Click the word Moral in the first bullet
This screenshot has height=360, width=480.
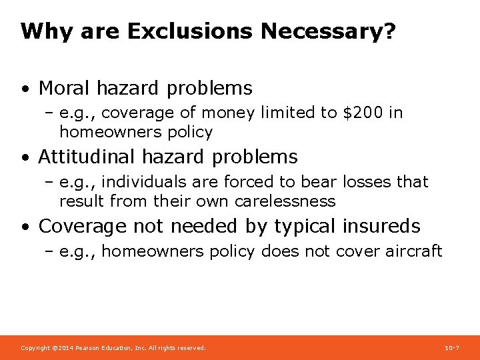(x=65, y=88)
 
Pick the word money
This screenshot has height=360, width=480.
(x=228, y=113)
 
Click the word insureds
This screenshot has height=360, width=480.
(x=381, y=227)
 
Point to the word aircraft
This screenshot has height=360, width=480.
(x=415, y=251)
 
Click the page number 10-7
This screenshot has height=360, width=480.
(x=451, y=348)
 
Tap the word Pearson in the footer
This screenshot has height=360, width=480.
(x=88, y=348)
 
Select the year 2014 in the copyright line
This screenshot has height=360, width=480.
(x=63, y=348)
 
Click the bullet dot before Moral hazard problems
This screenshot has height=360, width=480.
(x=25, y=89)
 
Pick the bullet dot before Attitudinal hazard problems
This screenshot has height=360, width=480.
(x=25, y=158)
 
